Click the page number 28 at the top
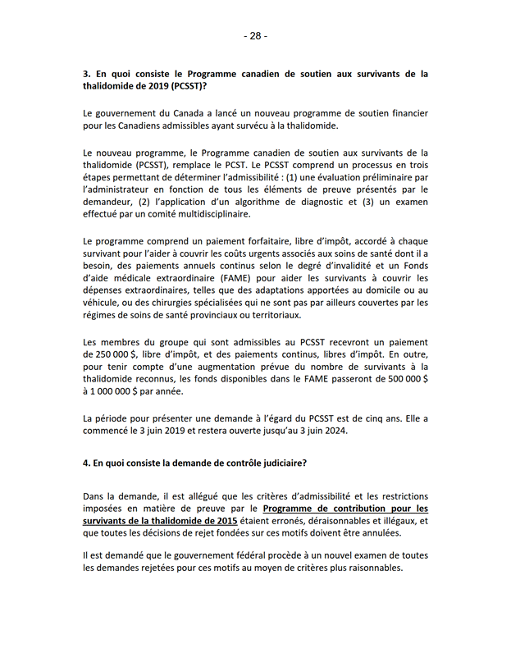click(255, 36)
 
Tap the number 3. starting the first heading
click(87, 74)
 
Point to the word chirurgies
click(182, 301)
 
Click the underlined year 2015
click(224, 521)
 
